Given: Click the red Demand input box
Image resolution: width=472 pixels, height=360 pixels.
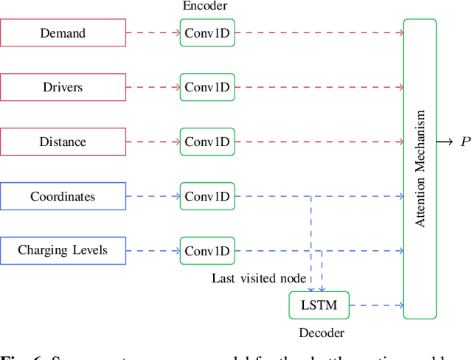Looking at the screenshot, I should [63, 32].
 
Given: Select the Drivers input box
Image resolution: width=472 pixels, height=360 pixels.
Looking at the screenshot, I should [63, 87].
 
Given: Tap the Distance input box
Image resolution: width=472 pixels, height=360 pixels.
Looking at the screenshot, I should [63, 142].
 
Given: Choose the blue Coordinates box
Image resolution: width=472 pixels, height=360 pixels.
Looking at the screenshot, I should [63, 196].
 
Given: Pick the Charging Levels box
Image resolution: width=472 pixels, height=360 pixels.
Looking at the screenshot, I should [63, 251].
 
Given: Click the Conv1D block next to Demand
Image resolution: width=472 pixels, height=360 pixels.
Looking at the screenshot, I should [207, 32].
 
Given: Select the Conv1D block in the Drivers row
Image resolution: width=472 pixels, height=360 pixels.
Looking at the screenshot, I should [207, 87].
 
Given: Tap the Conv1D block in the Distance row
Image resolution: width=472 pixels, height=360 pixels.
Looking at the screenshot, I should [207, 142].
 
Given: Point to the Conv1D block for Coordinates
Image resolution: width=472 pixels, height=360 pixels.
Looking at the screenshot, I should [207, 196].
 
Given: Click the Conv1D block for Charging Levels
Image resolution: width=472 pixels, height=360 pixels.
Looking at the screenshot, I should [207, 251].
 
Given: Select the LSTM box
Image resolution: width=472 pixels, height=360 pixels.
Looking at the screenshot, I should [318, 305].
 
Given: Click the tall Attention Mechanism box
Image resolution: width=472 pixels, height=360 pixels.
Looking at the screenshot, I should [420, 169].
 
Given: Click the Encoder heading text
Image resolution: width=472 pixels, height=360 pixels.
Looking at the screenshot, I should [204, 6].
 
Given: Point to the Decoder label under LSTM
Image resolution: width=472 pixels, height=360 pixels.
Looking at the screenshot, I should [321, 333].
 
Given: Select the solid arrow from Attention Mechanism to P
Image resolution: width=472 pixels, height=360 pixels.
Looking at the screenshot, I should [445, 142].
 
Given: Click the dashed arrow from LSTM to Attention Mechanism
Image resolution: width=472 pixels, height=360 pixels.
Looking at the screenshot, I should [376, 305].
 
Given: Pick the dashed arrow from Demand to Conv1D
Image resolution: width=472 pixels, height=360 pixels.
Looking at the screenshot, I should [153, 32].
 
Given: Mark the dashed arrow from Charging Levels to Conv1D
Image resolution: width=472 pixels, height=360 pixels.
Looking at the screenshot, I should [153, 251].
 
